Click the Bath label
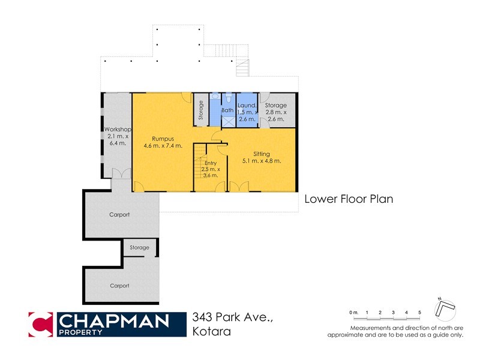point(227,110)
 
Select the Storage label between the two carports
point(139,247)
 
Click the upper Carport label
point(119,214)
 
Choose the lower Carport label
point(119,286)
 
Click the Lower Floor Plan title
point(349,199)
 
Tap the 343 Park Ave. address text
point(233,318)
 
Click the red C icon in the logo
point(41,324)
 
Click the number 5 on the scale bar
point(420,313)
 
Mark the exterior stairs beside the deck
point(242,68)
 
